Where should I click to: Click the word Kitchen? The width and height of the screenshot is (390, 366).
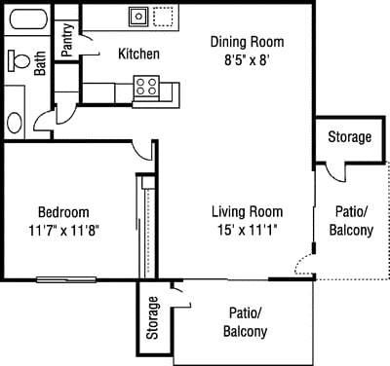[x=139, y=55]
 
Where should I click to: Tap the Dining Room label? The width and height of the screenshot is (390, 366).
[x=248, y=41]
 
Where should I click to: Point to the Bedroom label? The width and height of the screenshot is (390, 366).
[x=64, y=212]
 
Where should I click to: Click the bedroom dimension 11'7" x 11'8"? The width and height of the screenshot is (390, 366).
[x=64, y=231]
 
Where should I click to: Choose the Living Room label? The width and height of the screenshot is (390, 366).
[x=249, y=212]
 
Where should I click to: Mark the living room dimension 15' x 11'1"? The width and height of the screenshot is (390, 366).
[x=249, y=231]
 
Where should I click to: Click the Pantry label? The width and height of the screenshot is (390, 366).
[x=67, y=42]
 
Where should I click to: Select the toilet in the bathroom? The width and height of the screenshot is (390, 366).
[x=18, y=60]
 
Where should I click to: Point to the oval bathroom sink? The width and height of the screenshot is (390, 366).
[x=16, y=122]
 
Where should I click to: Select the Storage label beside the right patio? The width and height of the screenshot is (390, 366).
[x=349, y=137]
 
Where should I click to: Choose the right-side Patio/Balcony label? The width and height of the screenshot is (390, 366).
[x=351, y=221]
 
